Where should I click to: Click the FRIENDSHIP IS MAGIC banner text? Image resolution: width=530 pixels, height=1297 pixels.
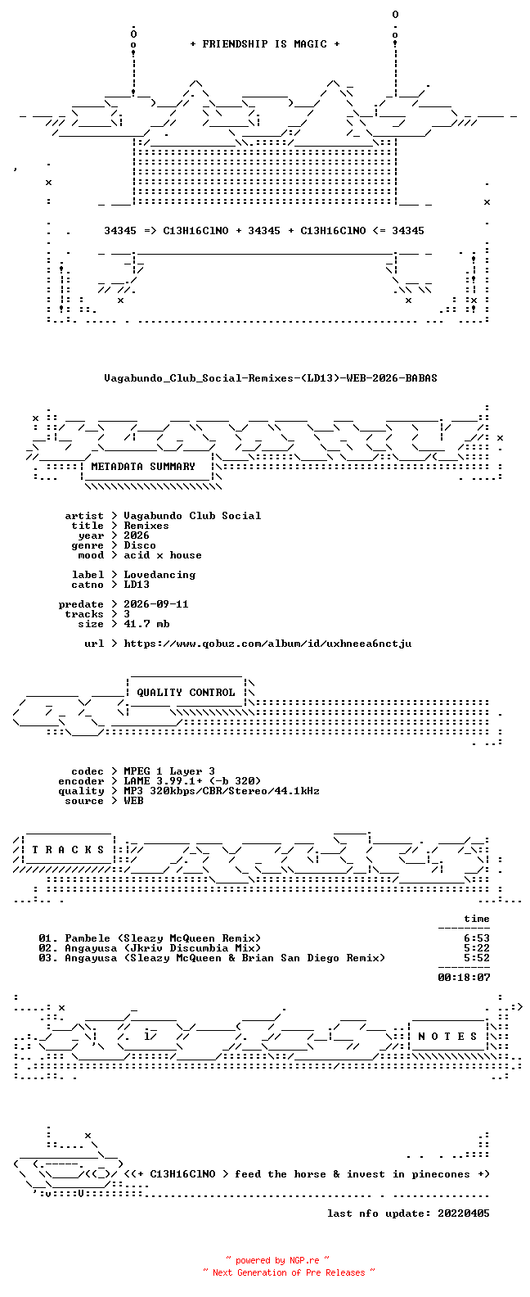(265, 44)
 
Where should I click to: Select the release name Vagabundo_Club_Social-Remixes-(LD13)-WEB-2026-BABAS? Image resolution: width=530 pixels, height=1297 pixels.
(271, 378)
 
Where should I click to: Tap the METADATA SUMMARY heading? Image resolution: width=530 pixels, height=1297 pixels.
(143, 466)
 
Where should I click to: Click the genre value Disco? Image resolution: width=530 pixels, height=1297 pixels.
(139, 545)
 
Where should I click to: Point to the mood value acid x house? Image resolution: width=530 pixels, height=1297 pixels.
(163, 555)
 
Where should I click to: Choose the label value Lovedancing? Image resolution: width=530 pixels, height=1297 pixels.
(159, 575)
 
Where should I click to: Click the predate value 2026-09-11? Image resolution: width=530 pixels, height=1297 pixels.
(155, 604)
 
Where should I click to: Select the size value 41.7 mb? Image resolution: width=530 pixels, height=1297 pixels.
(146, 624)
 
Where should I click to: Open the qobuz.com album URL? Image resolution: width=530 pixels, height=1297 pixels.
(268, 644)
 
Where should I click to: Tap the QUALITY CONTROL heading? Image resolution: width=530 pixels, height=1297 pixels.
(186, 693)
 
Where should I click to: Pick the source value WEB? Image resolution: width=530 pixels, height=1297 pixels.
(133, 801)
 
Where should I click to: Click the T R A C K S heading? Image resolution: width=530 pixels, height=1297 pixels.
(68, 850)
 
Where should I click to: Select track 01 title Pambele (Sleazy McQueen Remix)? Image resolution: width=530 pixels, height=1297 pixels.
(163, 938)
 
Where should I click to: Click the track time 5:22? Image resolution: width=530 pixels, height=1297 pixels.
(477, 948)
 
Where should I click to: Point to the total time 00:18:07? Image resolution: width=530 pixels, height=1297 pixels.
(464, 978)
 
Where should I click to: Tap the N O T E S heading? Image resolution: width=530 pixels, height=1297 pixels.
(447, 1037)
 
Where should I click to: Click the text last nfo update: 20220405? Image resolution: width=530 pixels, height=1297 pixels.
(408, 1213)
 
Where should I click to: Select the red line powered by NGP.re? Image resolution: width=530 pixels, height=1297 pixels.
(277, 1260)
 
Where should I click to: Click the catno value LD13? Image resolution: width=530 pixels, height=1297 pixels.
(137, 585)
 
